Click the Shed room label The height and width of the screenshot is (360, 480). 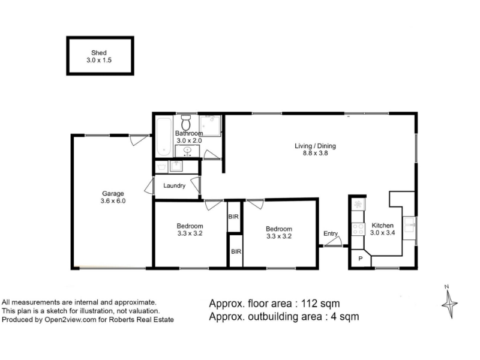pos(98,53)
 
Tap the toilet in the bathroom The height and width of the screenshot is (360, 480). pos(185,122)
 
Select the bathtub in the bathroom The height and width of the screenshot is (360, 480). pos(164,137)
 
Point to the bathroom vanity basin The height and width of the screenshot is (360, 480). pos(187,151)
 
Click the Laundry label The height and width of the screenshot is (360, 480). pos(174,185)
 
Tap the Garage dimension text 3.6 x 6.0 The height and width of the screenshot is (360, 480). pos(113,201)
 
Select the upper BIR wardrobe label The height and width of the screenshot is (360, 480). pos(233,217)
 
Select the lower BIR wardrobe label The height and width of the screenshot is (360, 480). pos(236,251)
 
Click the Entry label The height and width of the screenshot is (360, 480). pos(331,233)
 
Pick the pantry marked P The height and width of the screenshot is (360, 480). pos(361,259)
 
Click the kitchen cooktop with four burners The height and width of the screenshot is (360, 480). pos(358,229)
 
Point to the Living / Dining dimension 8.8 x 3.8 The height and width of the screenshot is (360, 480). pos(316,154)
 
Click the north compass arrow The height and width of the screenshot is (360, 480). pos(449,302)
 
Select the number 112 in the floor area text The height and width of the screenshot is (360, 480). pos(309,304)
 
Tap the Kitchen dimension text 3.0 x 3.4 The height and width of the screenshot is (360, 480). pos(382,233)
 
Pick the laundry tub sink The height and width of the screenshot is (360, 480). pos(176,166)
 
